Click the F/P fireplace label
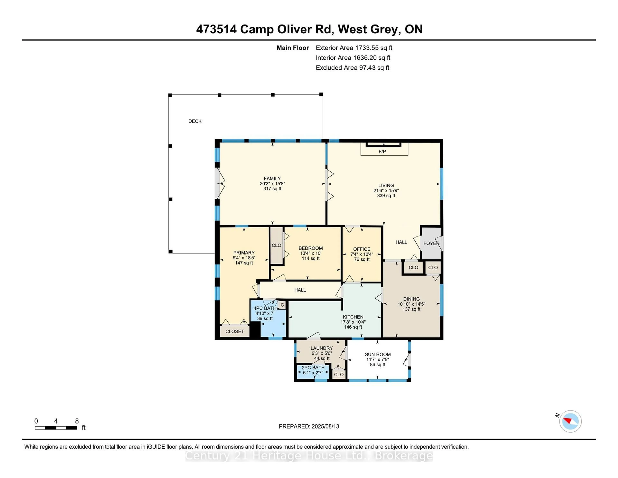[x=382, y=152]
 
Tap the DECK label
[x=195, y=121]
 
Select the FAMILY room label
[x=272, y=178]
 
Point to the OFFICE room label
[x=362, y=249]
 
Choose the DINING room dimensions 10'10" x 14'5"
[x=411, y=304]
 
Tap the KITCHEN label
[x=353, y=317]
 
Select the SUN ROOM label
[x=377, y=354]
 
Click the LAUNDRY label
[x=321, y=348]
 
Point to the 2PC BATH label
[x=313, y=368]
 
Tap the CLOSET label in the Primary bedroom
[x=235, y=331]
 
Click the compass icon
[x=570, y=421]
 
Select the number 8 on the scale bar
[x=77, y=421]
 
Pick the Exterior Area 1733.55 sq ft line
[x=354, y=48]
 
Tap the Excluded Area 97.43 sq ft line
[x=352, y=68]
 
